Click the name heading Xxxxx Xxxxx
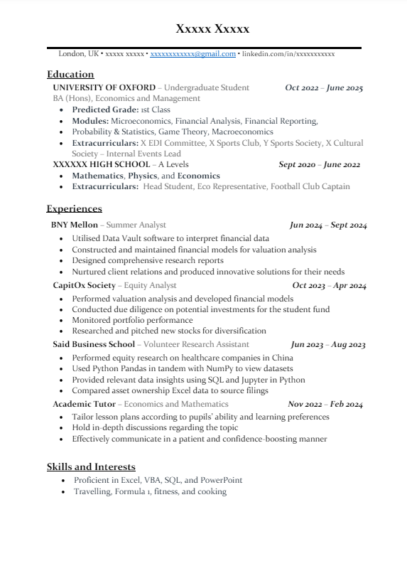213,29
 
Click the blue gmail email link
192,53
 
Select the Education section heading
70,74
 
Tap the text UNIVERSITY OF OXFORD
104,87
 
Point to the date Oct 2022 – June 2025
324,88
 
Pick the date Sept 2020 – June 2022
320,165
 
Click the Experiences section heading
75,208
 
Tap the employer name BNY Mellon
75,225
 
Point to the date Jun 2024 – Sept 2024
328,225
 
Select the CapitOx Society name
84,285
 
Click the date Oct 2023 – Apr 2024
329,286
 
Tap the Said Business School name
93,344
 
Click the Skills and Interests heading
91,466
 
